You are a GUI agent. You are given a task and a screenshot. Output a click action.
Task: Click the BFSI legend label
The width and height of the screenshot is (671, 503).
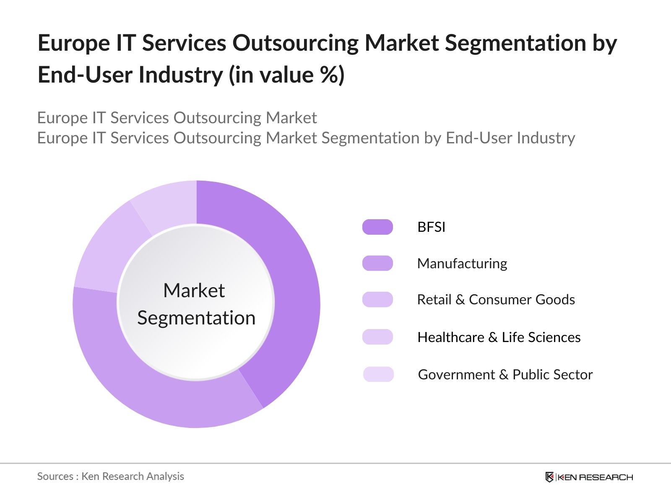431,227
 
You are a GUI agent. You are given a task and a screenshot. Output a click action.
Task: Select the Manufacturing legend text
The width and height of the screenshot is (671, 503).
462,264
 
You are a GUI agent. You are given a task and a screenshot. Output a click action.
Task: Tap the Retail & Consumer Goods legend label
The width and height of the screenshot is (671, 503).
496,300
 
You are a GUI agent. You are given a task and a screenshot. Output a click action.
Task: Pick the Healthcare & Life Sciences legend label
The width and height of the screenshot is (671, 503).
499,337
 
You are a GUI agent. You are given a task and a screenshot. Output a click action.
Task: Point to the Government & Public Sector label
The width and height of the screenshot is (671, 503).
505,375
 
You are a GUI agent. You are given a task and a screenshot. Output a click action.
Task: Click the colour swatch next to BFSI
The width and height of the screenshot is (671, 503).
377,227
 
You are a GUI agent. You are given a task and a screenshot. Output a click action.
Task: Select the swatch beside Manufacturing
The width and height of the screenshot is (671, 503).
377,264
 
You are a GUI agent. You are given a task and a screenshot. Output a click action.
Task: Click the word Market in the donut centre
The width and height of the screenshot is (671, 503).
194,290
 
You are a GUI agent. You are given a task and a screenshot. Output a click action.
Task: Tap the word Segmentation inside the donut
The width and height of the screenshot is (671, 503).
196,318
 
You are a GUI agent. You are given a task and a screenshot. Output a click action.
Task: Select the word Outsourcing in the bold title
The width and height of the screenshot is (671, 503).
295,43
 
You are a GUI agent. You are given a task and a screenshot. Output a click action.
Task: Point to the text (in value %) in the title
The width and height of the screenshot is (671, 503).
286,75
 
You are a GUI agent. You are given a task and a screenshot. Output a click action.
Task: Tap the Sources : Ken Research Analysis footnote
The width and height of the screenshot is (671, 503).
110,477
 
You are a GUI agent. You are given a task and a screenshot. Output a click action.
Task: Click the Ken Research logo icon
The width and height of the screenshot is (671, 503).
549,477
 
